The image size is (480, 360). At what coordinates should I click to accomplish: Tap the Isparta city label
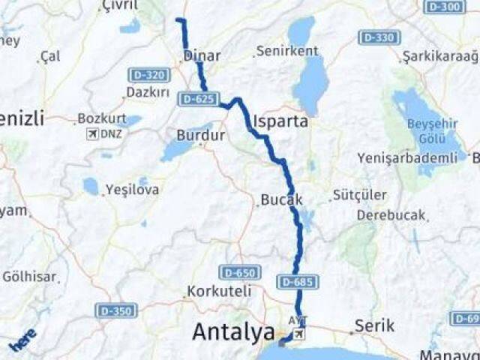click(281, 121)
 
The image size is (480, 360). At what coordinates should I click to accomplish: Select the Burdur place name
click(201, 136)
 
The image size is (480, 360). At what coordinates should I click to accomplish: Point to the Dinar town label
click(202, 55)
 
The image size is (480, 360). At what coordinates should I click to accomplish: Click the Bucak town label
click(281, 200)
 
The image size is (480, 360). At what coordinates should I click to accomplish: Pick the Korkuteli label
click(219, 290)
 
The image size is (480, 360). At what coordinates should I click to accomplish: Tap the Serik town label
click(374, 325)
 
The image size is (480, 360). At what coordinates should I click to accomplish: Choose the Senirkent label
click(286, 51)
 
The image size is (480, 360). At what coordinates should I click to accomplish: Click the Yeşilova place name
click(132, 190)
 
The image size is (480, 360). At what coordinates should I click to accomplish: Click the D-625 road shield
click(198, 98)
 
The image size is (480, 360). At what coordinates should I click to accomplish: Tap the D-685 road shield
click(298, 282)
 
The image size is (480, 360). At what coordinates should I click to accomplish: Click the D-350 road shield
click(115, 310)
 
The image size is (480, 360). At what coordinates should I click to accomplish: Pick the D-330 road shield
click(379, 37)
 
